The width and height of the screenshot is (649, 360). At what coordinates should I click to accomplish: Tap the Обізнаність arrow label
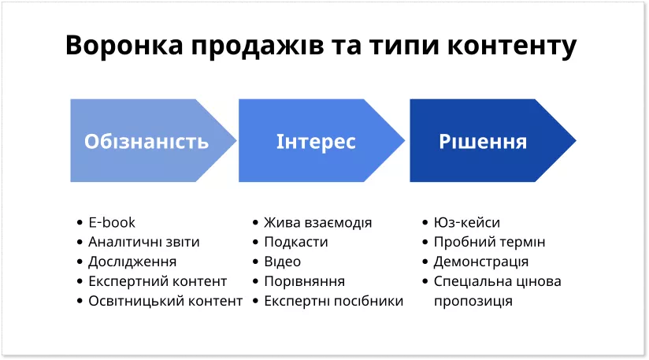(x=146, y=142)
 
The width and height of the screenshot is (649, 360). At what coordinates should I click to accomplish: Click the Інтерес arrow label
(x=316, y=142)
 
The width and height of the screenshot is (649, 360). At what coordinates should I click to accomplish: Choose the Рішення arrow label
(x=483, y=142)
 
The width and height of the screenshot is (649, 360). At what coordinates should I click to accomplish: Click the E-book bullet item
(x=112, y=223)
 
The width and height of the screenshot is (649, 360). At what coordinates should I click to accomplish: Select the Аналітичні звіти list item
(x=144, y=242)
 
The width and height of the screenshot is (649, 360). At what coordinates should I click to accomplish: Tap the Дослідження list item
(x=132, y=262)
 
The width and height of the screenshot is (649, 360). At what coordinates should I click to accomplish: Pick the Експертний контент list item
(x=158, y=281)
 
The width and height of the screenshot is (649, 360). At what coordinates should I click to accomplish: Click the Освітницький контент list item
(x=165, y=301)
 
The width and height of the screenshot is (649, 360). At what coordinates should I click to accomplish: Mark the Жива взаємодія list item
(x=317, y=223)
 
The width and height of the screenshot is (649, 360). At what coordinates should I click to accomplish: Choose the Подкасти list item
(x=295, y=242)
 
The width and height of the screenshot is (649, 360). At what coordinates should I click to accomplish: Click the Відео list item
(x=282, y=262)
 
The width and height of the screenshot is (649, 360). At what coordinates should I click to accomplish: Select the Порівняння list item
(x=304, y=281)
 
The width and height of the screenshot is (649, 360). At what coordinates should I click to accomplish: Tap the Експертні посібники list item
(x=333, y=301)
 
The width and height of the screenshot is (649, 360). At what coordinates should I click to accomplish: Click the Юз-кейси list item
(x=466, y=223)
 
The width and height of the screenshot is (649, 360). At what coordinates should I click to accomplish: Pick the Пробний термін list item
(x=489, y=242)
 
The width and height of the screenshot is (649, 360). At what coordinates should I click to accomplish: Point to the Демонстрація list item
(x=480, y=262)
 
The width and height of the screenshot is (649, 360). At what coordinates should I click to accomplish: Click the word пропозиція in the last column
(x=473, y=301)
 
